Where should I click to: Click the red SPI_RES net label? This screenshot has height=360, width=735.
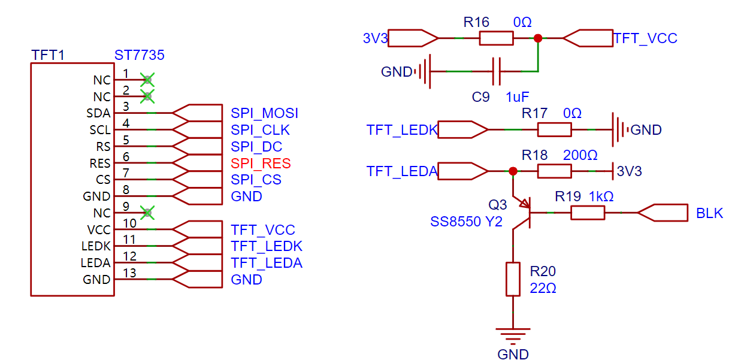tap(261, 163)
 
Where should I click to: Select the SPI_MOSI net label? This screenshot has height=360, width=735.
tap(264, 113)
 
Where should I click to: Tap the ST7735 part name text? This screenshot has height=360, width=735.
tap(139, 56)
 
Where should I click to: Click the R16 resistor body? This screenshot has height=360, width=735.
tap(496, 38)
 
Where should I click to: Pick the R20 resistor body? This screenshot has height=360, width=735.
tap(513, 279)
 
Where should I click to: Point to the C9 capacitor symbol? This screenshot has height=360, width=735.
tap(496, 71)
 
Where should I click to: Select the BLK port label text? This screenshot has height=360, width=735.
tap(709, 213)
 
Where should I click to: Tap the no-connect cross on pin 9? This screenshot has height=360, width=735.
tap(147, 212)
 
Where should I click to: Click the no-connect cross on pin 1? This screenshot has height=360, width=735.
tap(147, 79)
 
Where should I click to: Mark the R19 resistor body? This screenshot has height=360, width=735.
tap(587, 213)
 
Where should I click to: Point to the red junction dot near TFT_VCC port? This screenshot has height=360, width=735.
tap(538, 38)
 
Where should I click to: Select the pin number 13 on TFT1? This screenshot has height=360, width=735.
tap(127, 273)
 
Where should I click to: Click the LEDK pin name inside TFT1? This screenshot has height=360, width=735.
tap(96, 246)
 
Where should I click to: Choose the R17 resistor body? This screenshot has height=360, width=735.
tap(554, 129)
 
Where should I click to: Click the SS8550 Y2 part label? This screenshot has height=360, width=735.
tap(466, 222)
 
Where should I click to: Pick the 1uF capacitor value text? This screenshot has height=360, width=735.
tap(517, 97)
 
